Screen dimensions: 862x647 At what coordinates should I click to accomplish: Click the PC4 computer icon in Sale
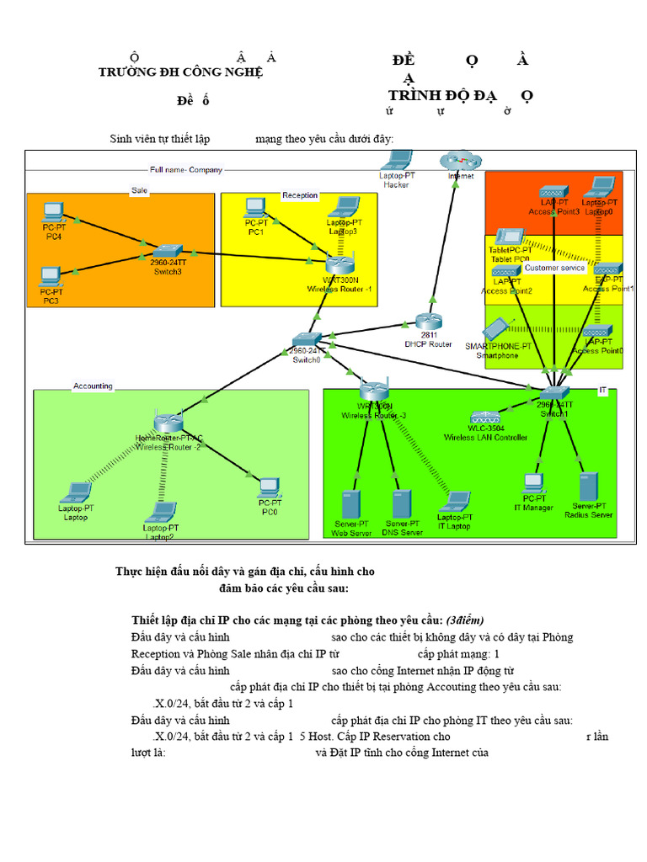[54, 211]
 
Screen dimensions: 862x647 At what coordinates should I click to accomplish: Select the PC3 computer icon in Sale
[51, 276]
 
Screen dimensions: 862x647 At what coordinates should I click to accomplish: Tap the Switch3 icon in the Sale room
[168, 250]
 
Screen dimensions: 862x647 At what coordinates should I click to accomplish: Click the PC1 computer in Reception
[256, 207]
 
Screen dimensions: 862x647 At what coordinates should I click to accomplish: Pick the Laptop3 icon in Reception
[343, 207]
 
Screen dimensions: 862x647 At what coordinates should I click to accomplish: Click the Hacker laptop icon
[395, 160]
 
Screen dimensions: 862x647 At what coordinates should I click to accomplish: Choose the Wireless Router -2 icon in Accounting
[168, 422]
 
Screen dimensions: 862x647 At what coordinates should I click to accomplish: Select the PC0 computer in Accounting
[269, 487]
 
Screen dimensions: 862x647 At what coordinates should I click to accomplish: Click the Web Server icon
[350, 506]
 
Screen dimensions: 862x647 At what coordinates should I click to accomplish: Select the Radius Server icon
[588, 487]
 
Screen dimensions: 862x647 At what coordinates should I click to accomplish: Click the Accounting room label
[93, 386]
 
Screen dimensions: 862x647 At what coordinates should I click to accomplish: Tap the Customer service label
[554, 268]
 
